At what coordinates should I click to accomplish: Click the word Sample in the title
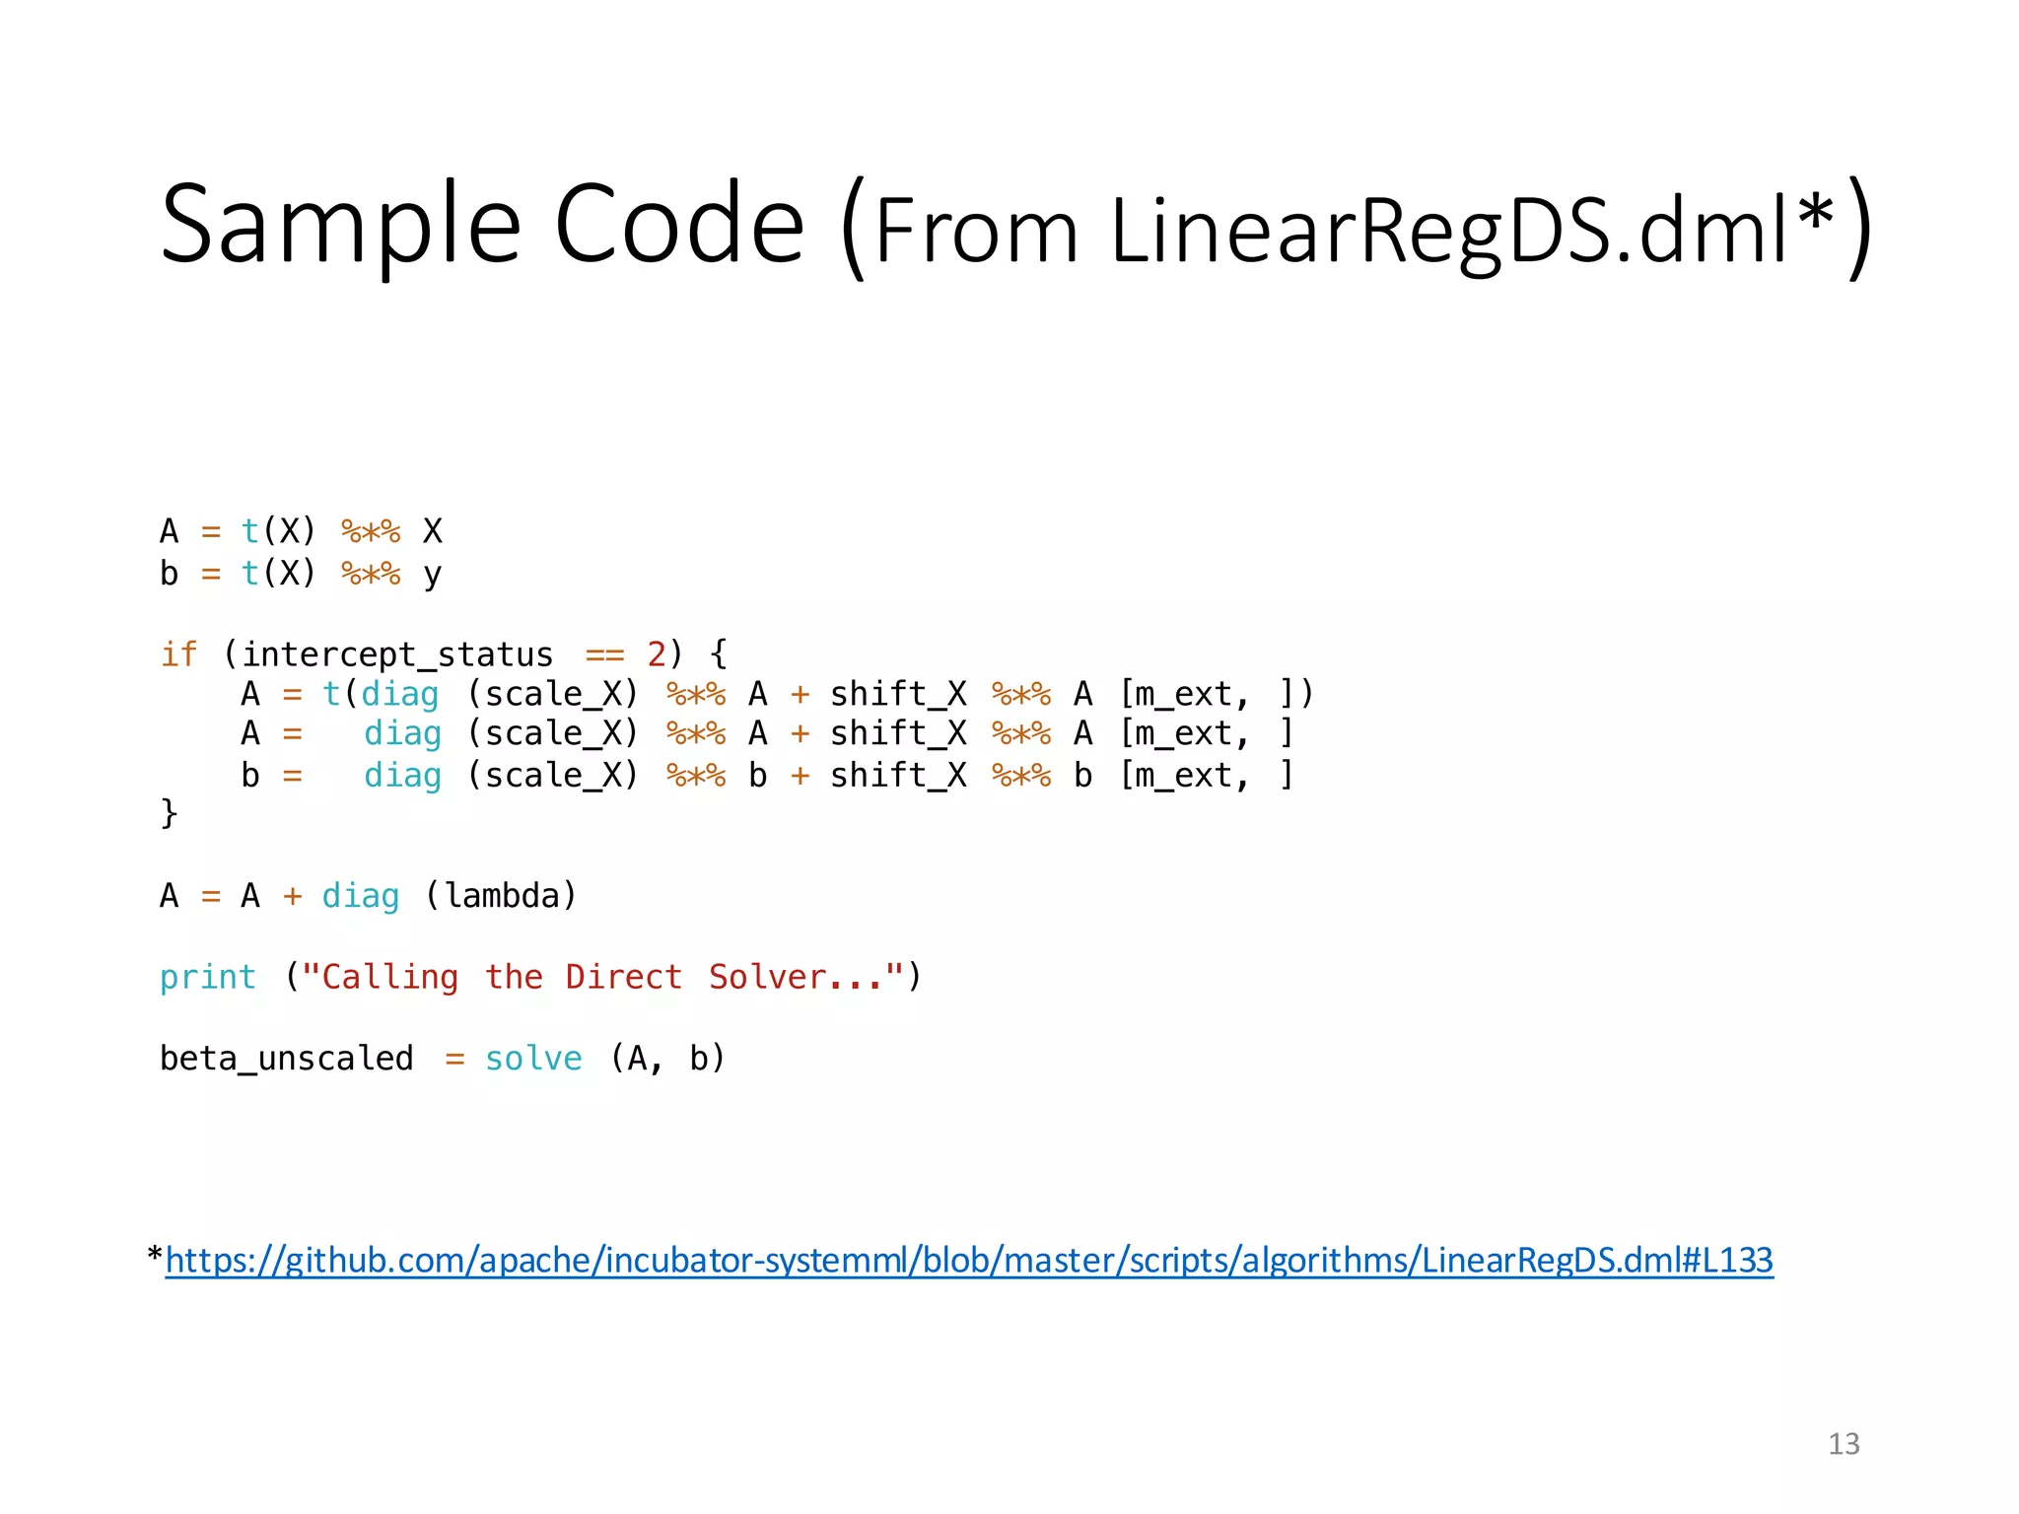pos(340,225)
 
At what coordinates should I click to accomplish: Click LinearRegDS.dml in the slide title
pos(1449,232)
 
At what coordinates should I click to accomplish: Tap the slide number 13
pos(1844,1444)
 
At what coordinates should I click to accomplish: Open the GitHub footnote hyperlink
pos(969,1260)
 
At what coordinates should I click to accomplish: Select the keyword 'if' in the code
pos(178,654)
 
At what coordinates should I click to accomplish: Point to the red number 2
pos(657,654)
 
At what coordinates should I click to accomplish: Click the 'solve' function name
pos(533,1059)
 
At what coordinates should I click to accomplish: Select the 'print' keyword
pos(208,977)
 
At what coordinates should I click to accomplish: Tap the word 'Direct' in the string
pos(623,977)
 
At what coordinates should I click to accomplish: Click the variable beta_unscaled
pos(286,1059)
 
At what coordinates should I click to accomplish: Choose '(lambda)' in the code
pos(501,896)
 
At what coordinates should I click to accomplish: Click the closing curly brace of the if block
pos(169,813)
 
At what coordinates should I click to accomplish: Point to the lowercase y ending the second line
pos(432,575)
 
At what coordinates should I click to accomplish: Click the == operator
pos(604,654)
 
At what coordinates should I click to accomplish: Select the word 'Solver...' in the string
pos(795,977)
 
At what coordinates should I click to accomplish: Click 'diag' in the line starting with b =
pos(402,776)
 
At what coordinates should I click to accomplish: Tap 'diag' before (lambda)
pos(361,896)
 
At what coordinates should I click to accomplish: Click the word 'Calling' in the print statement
pos(389,977)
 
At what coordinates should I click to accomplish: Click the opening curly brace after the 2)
pos(719,654)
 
